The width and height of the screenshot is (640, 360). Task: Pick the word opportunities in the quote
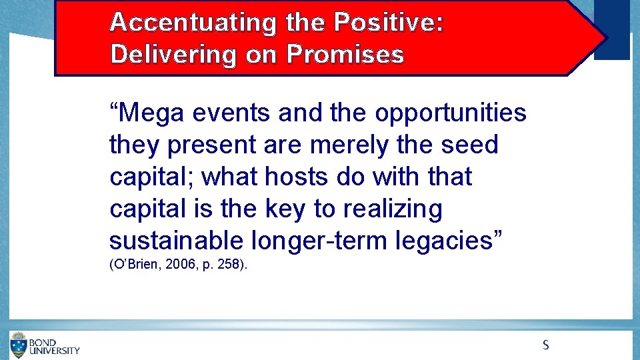point(451,113)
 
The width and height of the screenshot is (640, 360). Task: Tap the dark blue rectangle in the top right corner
point(611,30)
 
